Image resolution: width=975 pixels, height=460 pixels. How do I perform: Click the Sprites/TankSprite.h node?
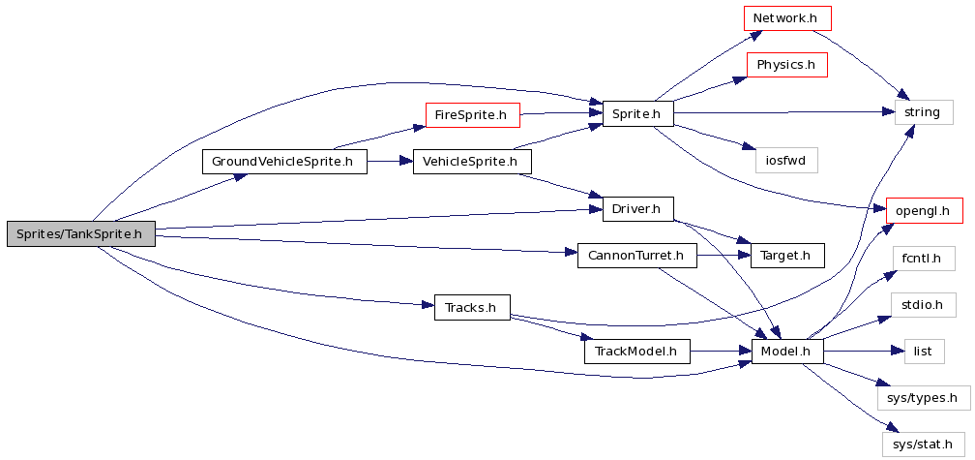[x=80, y=233]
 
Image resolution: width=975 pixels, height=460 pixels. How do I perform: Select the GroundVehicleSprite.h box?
[x=285, y=162]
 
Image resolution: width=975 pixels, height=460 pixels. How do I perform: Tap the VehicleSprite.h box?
[x=472, y=162]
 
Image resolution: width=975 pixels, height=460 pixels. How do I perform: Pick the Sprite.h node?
[x=636, y=114]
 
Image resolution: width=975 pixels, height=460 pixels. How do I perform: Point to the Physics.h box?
[x=786, y=66]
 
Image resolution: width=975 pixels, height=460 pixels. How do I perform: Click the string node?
[x=922, y=112]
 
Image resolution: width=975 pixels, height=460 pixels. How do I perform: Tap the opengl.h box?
[x=924, y=209]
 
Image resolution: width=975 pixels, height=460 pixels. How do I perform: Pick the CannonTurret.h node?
[x=636, y=257]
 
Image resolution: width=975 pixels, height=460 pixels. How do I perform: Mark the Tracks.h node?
[x=472, y=308]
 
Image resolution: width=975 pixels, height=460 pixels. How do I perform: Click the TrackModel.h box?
[x=636, y=352]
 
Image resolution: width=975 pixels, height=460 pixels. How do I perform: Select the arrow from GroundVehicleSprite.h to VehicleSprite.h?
[x=391, y=162]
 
